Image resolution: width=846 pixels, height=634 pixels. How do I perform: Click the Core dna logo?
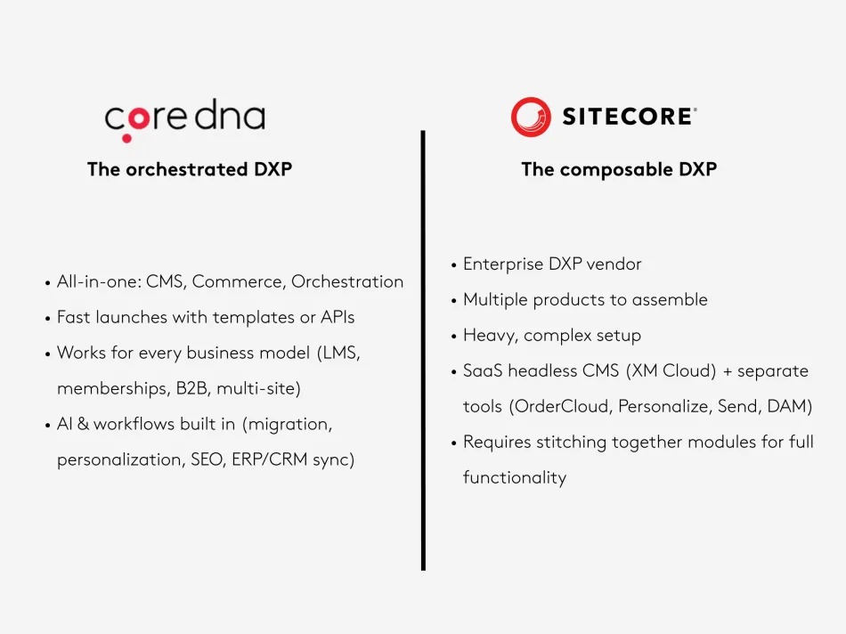coord(184,119)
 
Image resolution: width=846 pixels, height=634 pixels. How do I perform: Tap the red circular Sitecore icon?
coord(531,117)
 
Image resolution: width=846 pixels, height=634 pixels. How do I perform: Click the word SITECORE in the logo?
coord(629,117)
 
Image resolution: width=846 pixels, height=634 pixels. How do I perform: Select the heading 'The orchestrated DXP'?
coord(190,169)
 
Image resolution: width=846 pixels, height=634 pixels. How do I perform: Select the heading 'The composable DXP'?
coord(619,169)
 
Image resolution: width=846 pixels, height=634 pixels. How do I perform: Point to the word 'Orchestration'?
coord(347,281)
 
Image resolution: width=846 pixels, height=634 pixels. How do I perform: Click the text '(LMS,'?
coord(339,353)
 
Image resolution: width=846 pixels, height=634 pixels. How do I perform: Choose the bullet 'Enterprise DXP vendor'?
coord(552,264)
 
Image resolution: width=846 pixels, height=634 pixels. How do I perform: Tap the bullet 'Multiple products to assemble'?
coord(585,300)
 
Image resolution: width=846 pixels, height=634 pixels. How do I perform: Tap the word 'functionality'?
coord(515,478)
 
